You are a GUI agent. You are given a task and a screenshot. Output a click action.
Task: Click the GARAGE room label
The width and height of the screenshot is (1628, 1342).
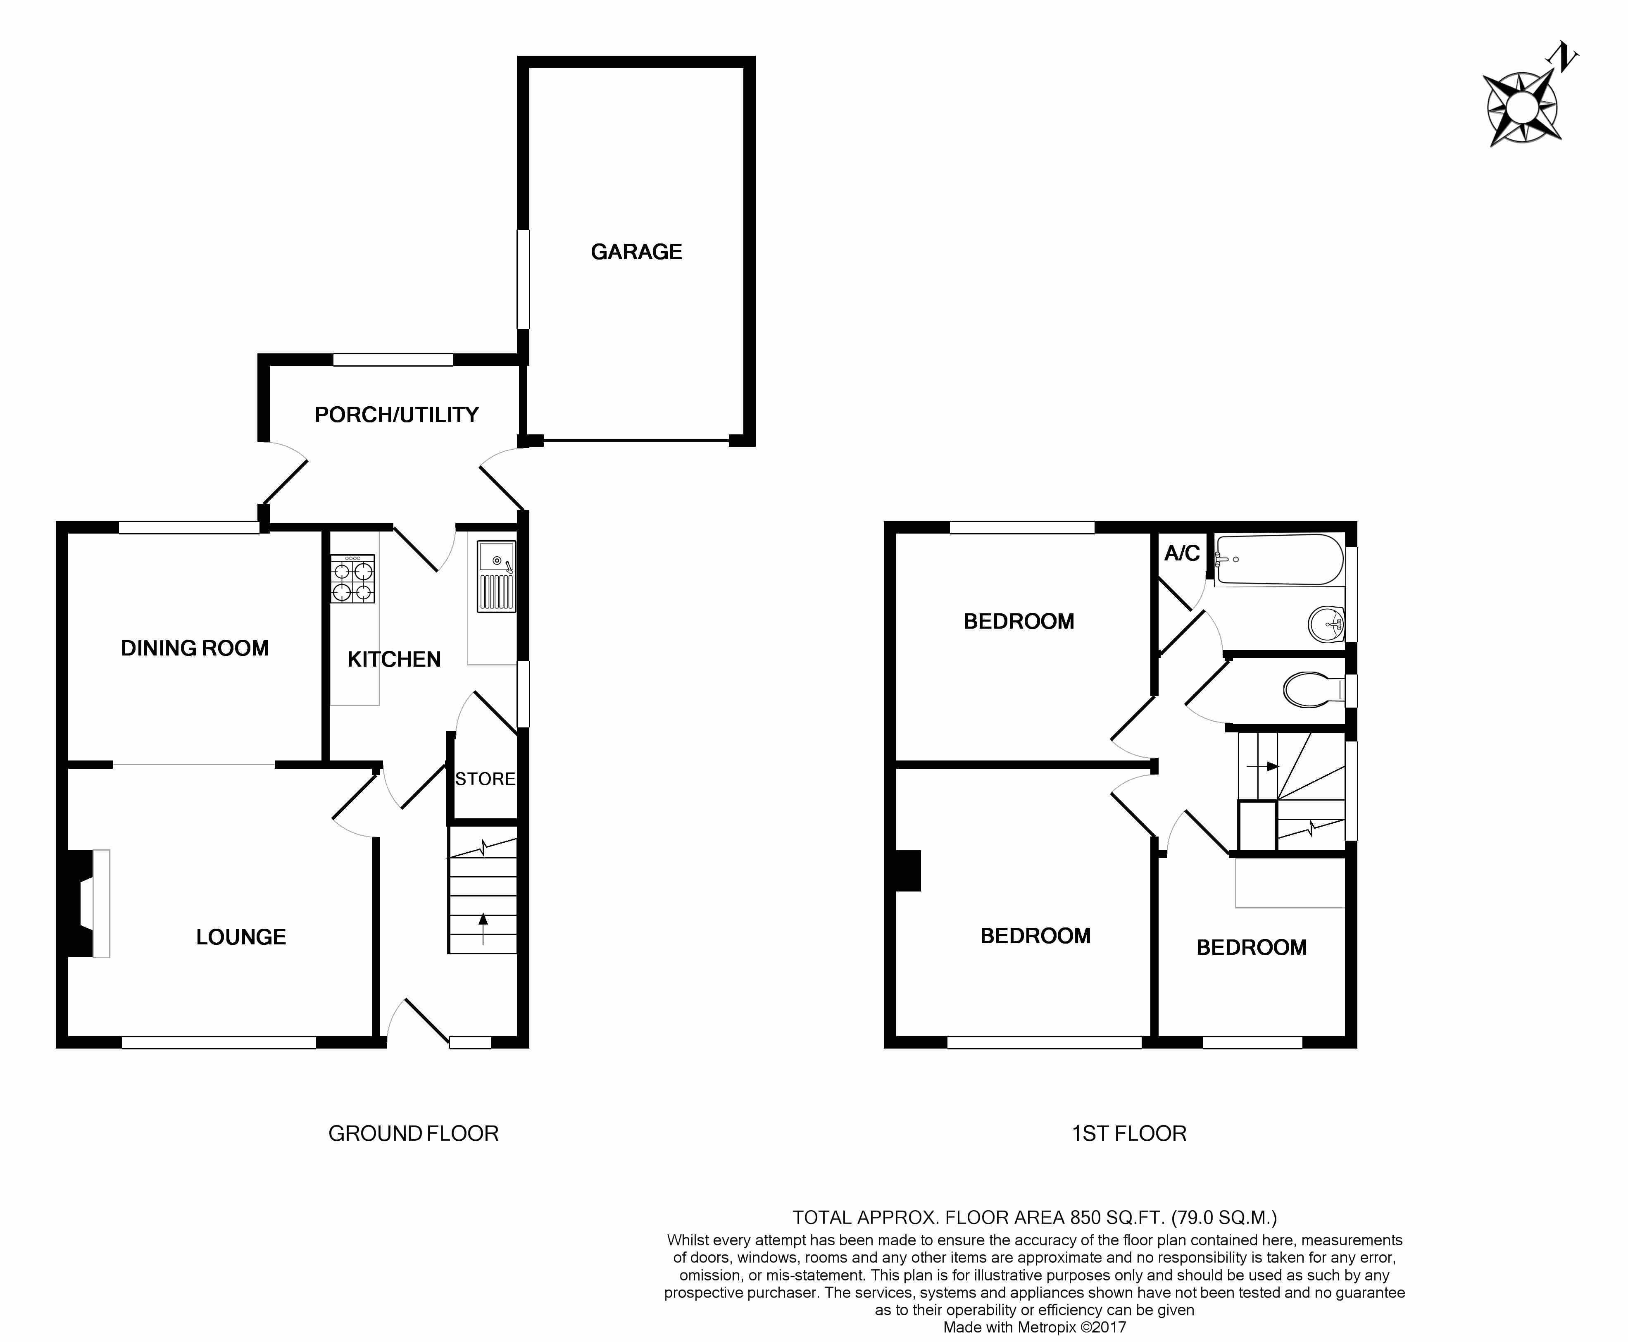click(x=636, y=252)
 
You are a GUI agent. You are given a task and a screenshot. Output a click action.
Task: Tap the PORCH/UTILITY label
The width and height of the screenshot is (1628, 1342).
click(x=396, y=415)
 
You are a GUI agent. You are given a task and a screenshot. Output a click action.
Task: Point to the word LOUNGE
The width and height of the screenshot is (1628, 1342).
click(x=241, y=937)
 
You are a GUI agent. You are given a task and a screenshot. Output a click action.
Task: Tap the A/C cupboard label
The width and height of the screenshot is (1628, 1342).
click(x=1181, y=553)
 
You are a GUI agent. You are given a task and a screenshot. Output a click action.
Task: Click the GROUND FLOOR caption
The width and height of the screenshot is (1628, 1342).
click(x=413, y=1133)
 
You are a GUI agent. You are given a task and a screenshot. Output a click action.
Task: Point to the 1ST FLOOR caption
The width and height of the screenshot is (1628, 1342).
click(x=1129, y=1133)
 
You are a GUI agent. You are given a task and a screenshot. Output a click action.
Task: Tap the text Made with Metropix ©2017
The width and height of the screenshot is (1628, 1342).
click(x=1035, y=1327)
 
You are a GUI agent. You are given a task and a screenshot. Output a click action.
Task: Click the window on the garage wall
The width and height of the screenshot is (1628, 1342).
click(x=523, y=279)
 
